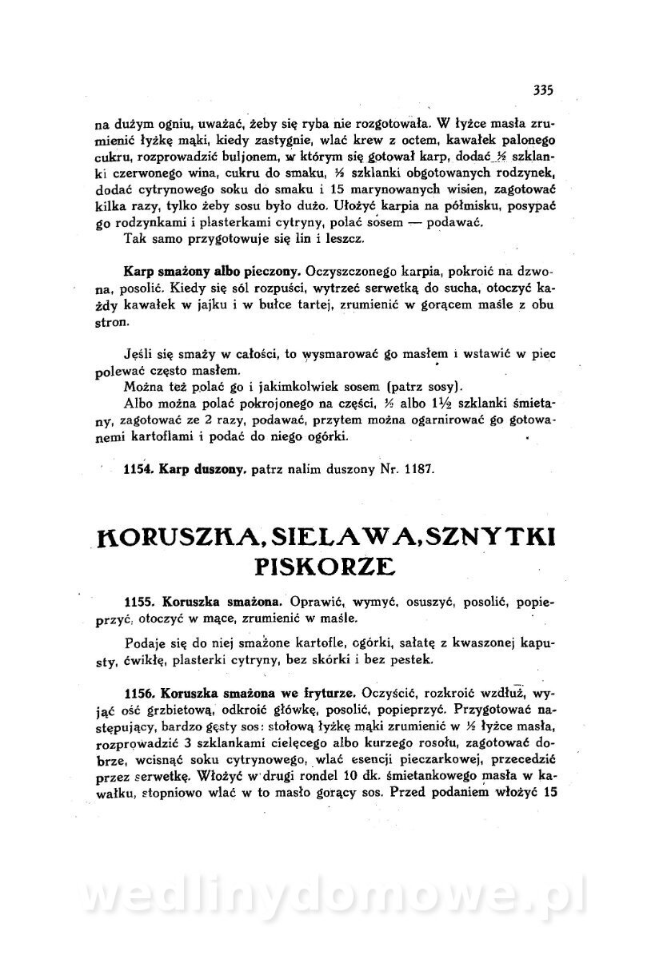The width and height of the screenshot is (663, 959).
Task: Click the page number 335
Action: tap(542, 90)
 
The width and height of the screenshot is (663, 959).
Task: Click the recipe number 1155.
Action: tap(140, 601)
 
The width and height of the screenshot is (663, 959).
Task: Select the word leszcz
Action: tap(345, 239)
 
